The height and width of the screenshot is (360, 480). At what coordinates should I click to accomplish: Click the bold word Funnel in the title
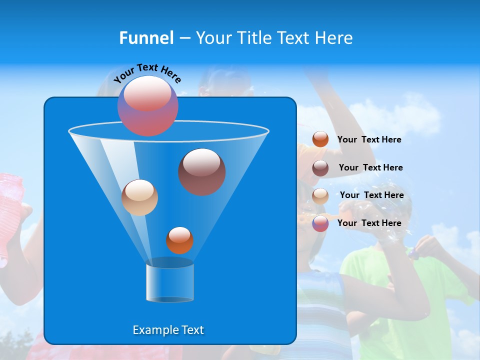click(146, 38)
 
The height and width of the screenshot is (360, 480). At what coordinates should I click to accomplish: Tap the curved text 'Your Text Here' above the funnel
click(147, 73)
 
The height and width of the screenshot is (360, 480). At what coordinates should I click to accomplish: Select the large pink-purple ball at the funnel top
click(148, 105)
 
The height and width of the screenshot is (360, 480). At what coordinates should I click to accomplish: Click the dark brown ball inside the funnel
click(201, 171)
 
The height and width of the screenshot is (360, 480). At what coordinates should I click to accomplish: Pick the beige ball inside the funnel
click(139, 197)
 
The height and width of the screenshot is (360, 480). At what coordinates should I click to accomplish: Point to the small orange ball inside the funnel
click(179, 240)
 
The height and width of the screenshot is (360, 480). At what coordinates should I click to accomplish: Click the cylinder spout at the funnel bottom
click(169, 282)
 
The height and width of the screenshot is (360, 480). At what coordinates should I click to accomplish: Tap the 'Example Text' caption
click(168, 330)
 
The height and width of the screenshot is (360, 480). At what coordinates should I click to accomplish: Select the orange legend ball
click(320, 139)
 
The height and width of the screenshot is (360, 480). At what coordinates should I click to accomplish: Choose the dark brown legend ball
click(320, 168)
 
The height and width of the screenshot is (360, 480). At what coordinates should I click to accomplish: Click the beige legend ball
click(320, 195)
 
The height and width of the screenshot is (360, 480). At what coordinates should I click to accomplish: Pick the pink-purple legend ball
click(320, 223)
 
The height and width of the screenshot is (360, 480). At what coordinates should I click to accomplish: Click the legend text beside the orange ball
click(369, 139)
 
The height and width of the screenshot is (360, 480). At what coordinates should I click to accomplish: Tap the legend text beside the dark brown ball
click(370, 167)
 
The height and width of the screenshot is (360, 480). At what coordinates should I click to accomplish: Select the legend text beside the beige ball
click(371, 195)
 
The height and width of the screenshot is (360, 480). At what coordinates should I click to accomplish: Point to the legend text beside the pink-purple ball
click(369, 223)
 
